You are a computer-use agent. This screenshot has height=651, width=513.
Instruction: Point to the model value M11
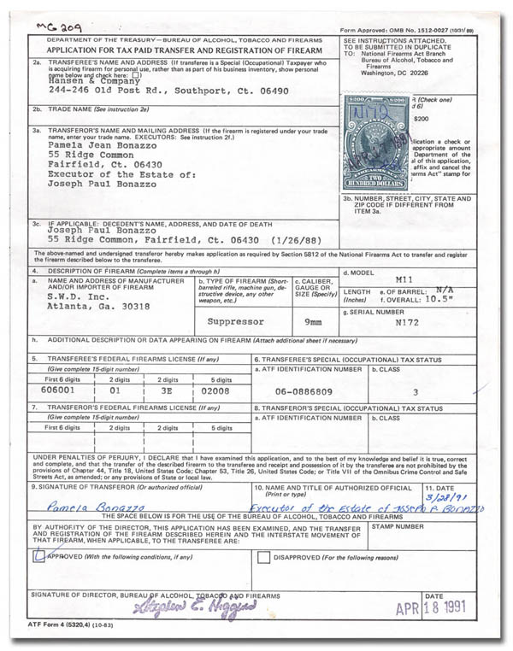point(406,279)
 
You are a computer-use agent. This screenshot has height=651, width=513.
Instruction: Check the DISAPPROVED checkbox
point(264,557)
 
